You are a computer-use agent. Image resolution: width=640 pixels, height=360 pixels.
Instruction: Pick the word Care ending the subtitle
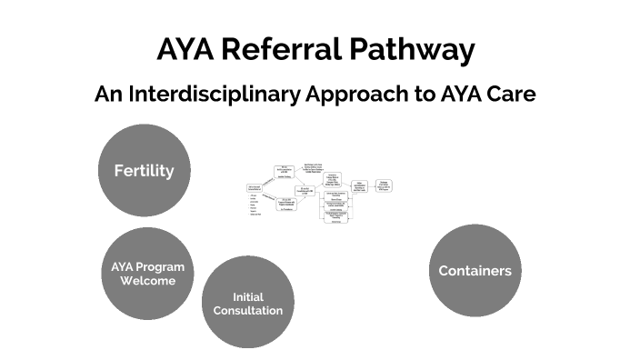coord(512,95)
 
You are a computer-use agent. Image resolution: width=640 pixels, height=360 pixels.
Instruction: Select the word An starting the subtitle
coord(108,95)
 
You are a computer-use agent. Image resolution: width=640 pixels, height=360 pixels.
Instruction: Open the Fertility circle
coord(144,171)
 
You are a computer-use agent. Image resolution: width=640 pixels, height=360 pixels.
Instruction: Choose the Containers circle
coord(475,271)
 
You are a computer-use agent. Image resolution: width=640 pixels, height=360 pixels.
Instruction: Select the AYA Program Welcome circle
coord(147,274)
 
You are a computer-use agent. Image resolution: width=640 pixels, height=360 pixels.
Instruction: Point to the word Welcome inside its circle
coord(147,281)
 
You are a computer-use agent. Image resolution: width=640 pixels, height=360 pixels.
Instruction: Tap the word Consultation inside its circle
coord(247,311)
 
